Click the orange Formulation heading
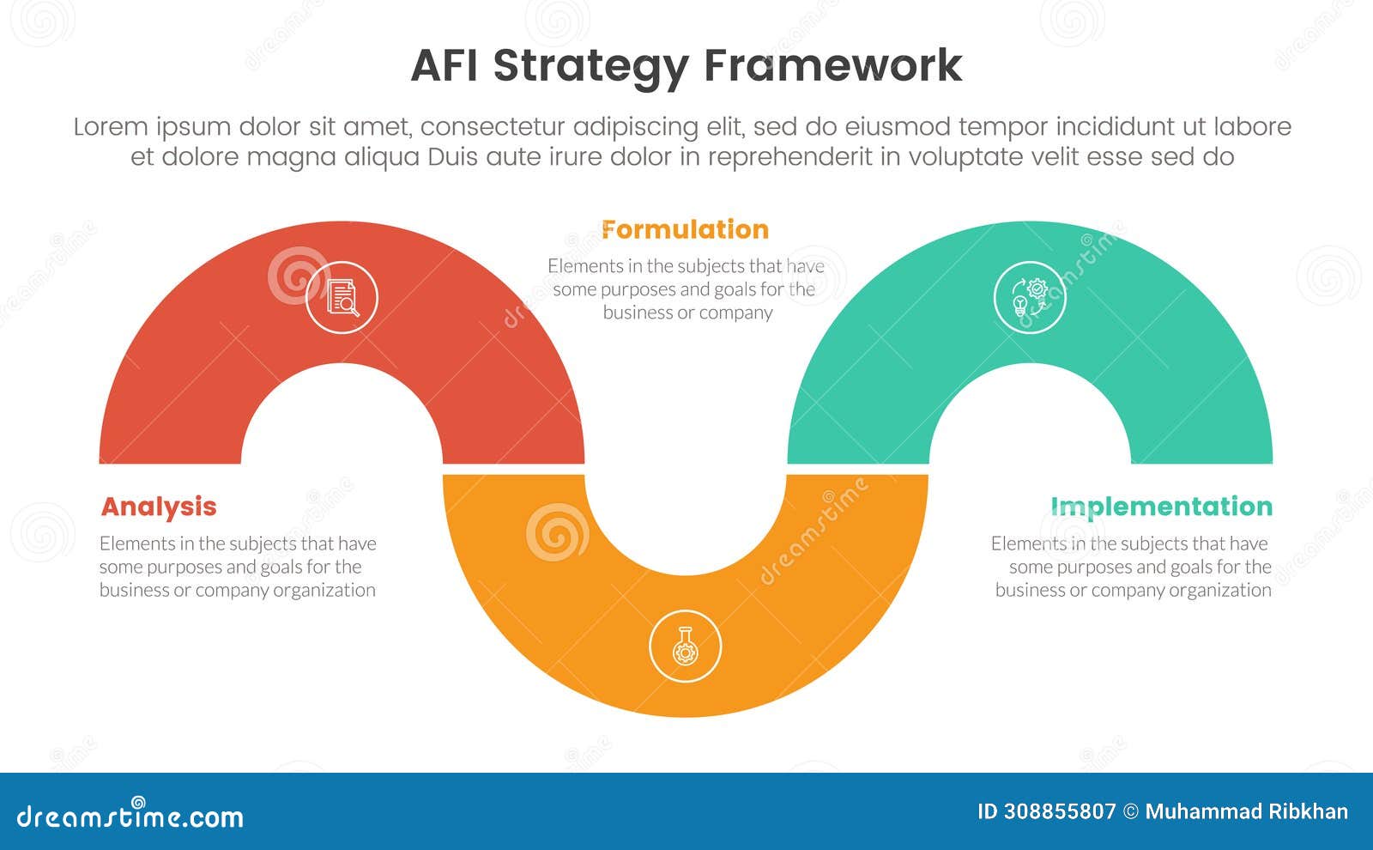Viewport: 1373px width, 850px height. pos(685,229)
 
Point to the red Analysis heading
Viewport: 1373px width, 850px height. pos(159,507)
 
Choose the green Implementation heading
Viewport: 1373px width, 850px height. pos(1161,507)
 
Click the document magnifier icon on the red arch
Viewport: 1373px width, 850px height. pos(342,297)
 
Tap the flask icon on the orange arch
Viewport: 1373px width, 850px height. pos(685,646)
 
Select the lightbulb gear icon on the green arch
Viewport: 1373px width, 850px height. pos(1030,297)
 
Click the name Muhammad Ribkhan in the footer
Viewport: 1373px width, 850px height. pos(1246,812)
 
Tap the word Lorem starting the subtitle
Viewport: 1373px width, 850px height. pos(111,127)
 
